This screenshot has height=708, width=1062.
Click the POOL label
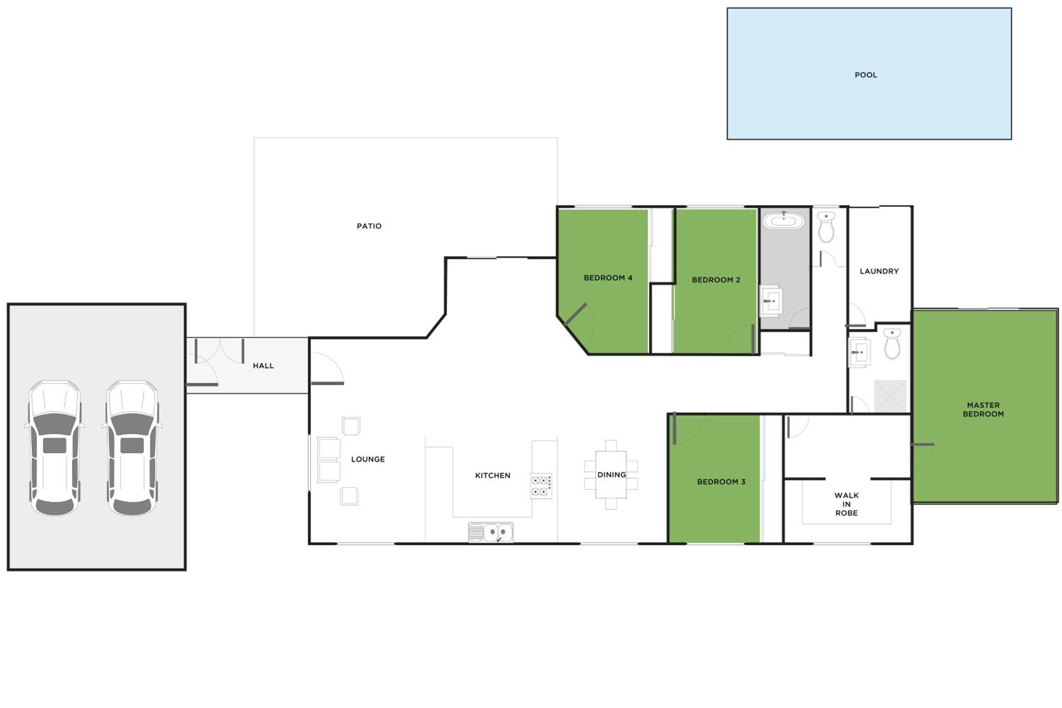coord(866,75)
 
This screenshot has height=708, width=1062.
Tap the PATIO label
coord(369,226)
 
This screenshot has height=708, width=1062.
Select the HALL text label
coord(263,365)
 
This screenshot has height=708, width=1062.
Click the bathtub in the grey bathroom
coord(784,221)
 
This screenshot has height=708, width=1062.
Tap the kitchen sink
coord(491,532)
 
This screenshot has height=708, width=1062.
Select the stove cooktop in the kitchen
coord(541,486)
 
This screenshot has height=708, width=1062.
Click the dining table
coord(611,475)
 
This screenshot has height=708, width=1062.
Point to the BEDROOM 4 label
coord(608,278)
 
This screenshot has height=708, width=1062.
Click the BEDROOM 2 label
coord(716,280)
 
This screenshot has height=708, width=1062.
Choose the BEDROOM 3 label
coord(721,482)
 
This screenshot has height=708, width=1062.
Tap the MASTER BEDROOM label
coord(983,410)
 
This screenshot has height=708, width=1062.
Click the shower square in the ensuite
coord(890,396)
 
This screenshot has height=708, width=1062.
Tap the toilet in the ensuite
coord(892,344)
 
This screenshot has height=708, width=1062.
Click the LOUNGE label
coord(368,459)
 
